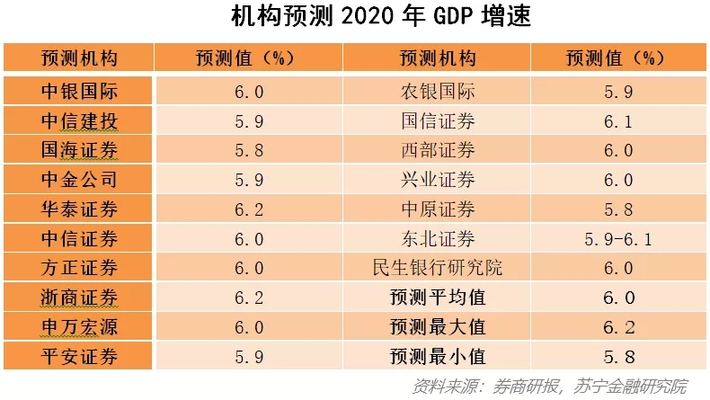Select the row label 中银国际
79,92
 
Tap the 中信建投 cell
79,121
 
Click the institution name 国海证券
79,150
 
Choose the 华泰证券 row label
79,209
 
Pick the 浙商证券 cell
79,297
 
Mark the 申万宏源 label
79,325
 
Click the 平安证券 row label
79,355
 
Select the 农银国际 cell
438,92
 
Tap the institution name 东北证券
438,238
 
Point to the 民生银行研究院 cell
438,267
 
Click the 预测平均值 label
438,297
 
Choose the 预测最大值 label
438,325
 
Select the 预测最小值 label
438,355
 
